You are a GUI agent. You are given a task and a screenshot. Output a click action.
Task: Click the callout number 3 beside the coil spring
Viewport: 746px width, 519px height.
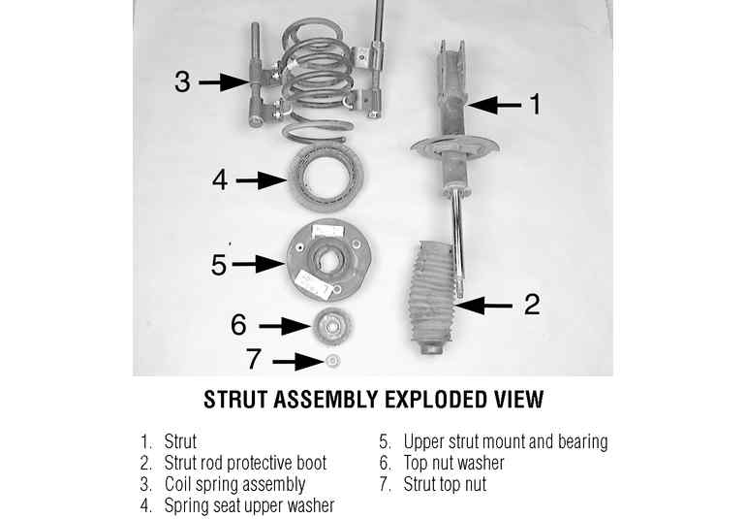[x=182, y=81]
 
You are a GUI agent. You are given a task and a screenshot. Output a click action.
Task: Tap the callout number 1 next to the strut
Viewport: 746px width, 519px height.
[x=536, y=104]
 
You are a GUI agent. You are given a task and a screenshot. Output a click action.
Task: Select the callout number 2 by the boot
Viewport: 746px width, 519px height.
[x=532, y=304]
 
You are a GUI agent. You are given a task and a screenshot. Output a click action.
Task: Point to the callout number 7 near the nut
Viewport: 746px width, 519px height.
[x=253, y=358]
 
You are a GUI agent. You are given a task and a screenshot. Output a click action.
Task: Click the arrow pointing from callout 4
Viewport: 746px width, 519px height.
[x=262, y=180]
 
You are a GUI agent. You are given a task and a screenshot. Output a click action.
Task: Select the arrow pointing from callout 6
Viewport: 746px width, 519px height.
[x=285, y=326]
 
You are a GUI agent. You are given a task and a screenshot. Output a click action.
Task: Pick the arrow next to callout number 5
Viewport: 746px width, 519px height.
[x=258, y=264]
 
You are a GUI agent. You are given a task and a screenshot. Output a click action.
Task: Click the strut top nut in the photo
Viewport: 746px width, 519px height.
[x=332, y=361]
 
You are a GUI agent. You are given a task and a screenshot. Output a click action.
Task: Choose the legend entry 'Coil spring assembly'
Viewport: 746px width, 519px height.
[x=234, y=485]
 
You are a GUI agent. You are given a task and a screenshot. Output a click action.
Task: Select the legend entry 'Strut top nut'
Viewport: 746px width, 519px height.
[x=445, y=484]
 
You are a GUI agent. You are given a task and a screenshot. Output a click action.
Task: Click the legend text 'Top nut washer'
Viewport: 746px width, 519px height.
[x=453, y=463]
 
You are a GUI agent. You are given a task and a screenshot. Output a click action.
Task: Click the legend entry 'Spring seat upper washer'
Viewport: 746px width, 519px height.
[x=249, y=505]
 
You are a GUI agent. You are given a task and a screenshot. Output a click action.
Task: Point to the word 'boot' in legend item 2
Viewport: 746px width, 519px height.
[x=312, y=463]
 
